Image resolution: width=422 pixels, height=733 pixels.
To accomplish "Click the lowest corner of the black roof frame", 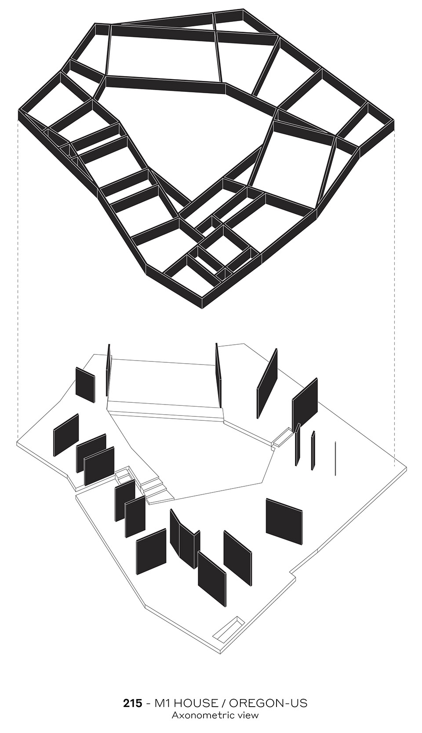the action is tap(201, 308).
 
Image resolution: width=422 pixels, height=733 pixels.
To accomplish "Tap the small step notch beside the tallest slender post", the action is tap(281, 436).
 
